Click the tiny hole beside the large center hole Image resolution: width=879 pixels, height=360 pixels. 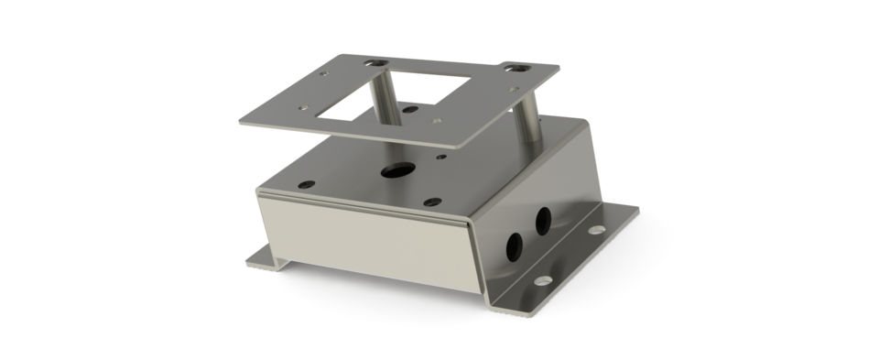pyautogui.click(x=441, y=158)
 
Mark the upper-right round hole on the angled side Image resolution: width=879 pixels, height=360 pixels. pyautogui.click(x=542, y=219)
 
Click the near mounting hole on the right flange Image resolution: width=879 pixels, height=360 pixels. pyautogui.click(x=547, y=276)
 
